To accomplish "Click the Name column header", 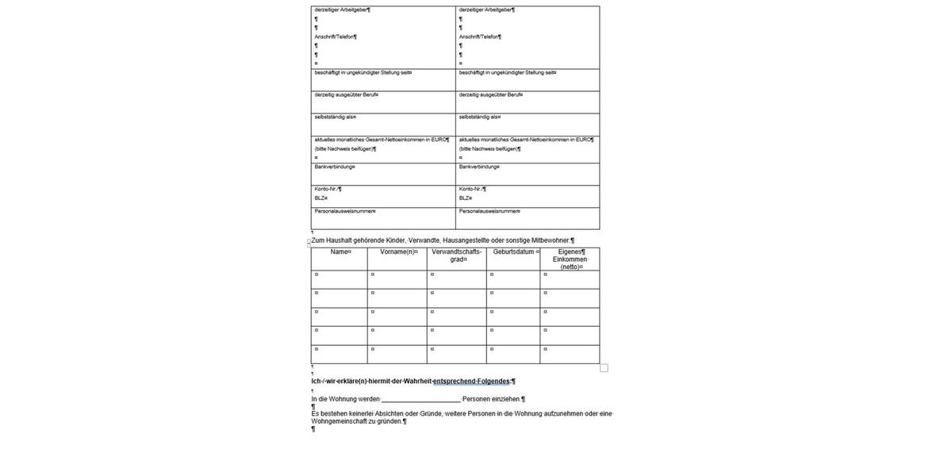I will [340, 252].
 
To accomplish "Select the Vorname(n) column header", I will [397, 252].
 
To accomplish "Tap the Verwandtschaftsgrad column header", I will [456, 255].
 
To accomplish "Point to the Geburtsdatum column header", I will [513, 252].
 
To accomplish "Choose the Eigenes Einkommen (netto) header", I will [570, 259].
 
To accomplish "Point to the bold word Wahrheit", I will [417, 382].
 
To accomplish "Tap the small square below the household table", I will [604, 368].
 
